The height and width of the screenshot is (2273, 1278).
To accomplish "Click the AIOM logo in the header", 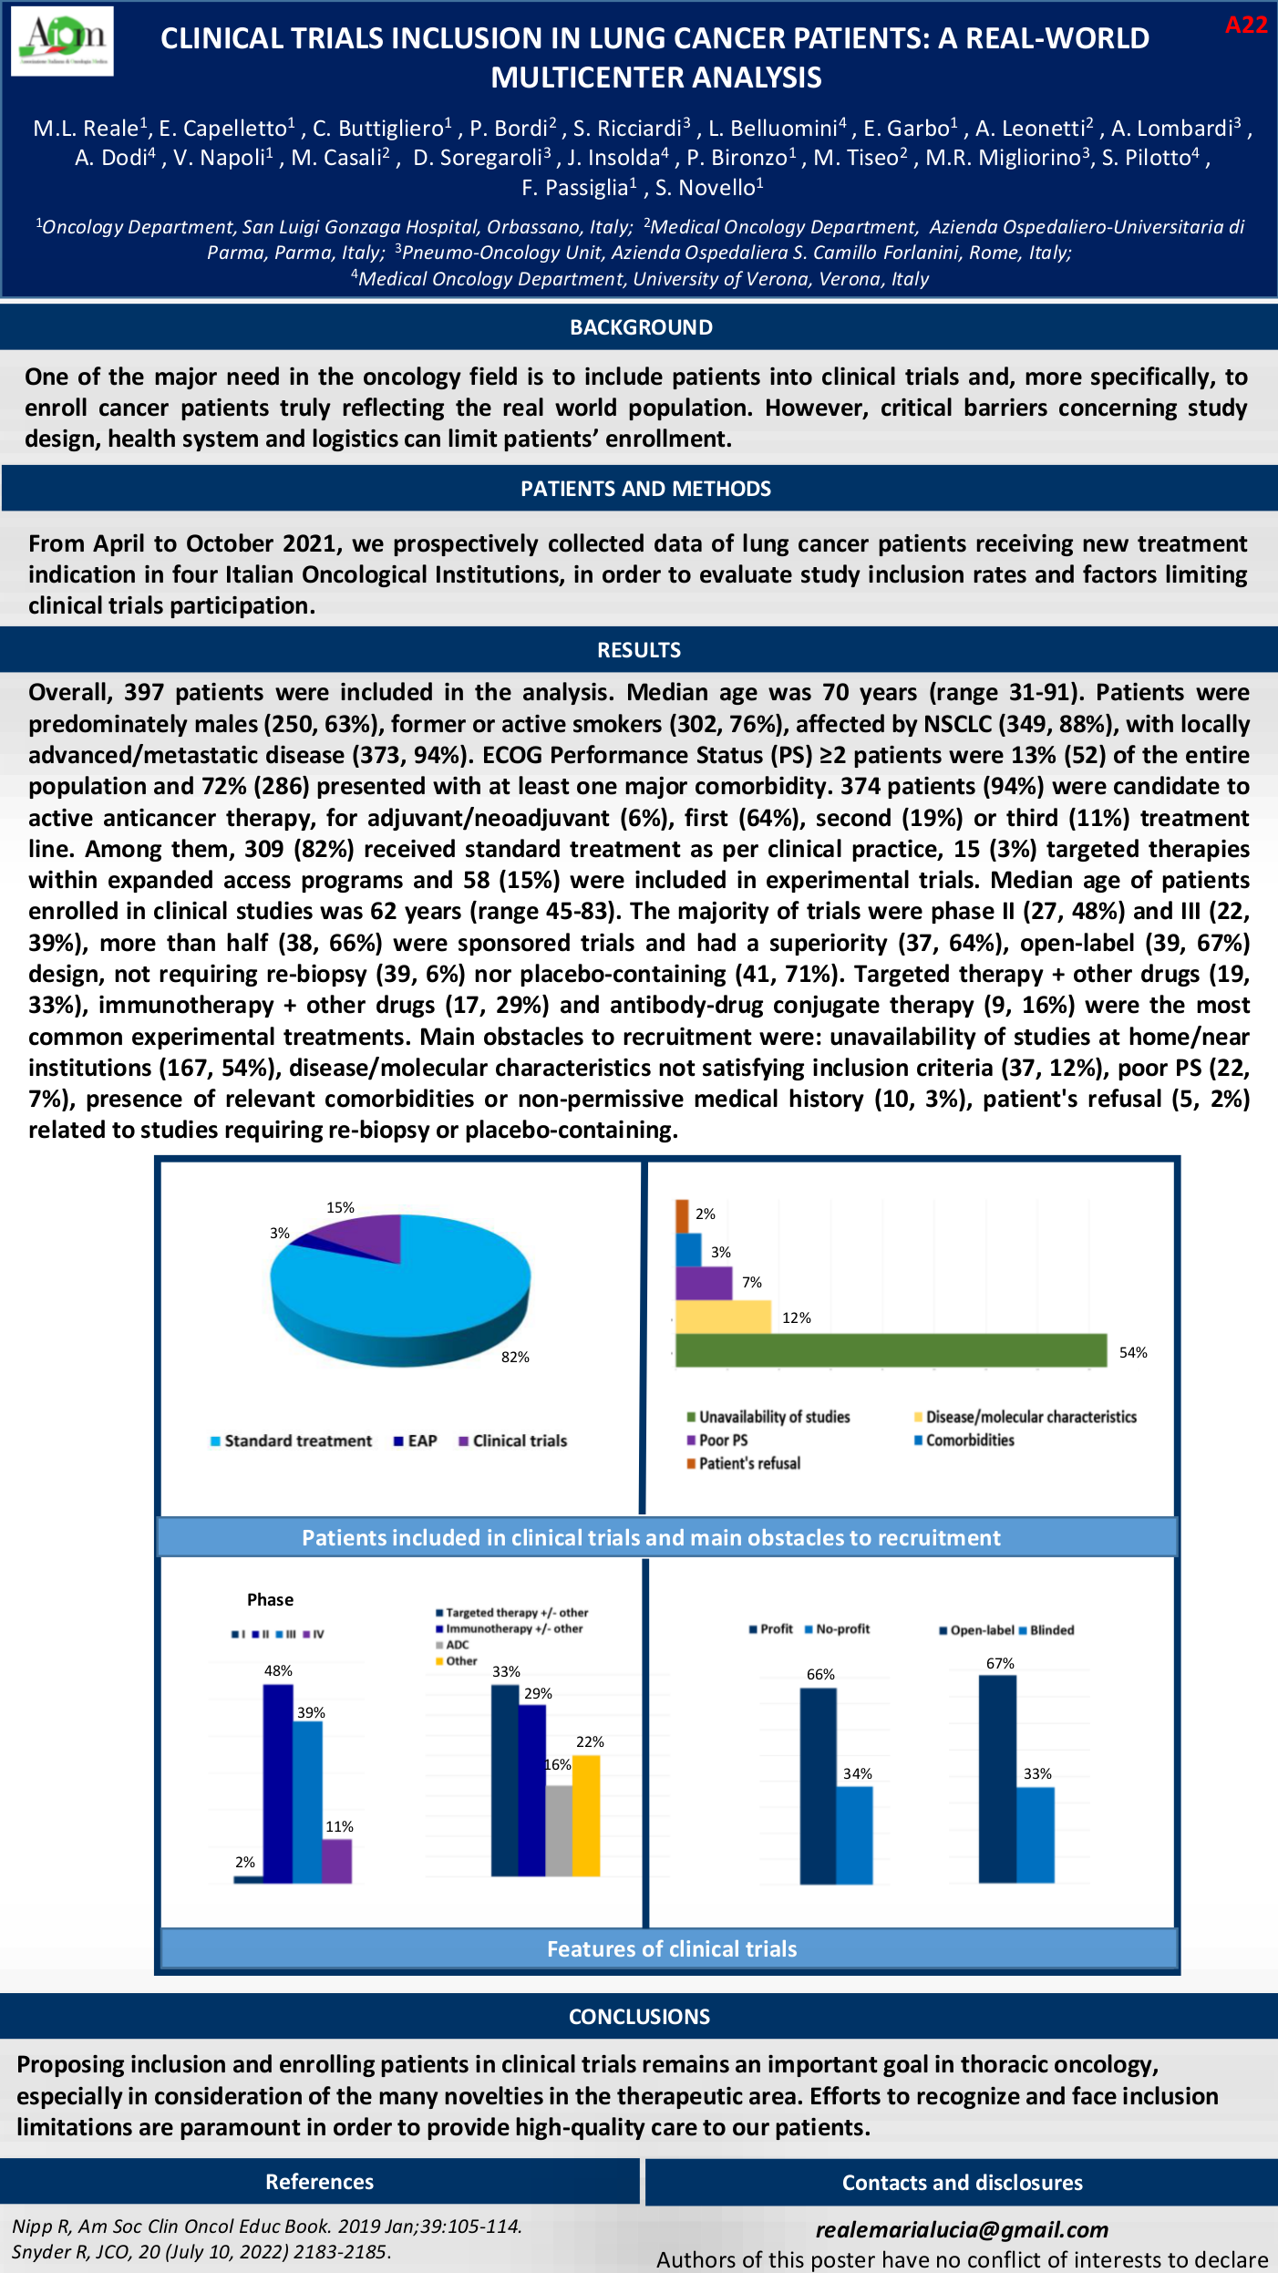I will pyautogui.click(x=62, y=41).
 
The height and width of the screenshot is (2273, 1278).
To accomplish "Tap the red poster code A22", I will pyautogui.click(x=1245, y=26).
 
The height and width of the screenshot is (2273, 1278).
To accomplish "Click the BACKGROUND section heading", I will pyautogui.click(x=641, y=327).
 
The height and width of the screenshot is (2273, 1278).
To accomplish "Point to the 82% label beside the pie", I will pyautogui.click(x=515, y=1357).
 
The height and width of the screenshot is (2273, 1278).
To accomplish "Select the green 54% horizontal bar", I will pyautogui.click(x=891, y=1350).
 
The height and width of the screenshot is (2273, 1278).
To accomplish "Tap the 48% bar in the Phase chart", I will pyautogui.click(x=278, y=1782).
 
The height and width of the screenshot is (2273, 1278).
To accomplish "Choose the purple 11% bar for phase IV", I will pyautogui.click(x=336, y=1861).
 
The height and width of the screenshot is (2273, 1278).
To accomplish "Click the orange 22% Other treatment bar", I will pyautogui.click(x=586, y=1814).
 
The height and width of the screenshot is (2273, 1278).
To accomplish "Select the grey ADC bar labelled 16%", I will pyautogui.click(x=559, y=1830).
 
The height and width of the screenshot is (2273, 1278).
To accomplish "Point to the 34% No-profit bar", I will pyautogui.click(x=854, y=1834).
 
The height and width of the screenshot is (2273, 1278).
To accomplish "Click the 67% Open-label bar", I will pyautogui.click(x=997, y=1778).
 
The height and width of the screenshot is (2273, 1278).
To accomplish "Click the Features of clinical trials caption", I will pyautogui.click(x=672, y=1948).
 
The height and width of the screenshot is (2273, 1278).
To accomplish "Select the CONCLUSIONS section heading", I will pyautogui.click(x=639, y=2016).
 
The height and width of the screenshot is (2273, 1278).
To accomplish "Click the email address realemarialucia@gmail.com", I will pyautogui.click(x=962, y=2229).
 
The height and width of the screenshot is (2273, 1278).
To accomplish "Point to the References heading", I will pyautogui.click(x=319, y=2182).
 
